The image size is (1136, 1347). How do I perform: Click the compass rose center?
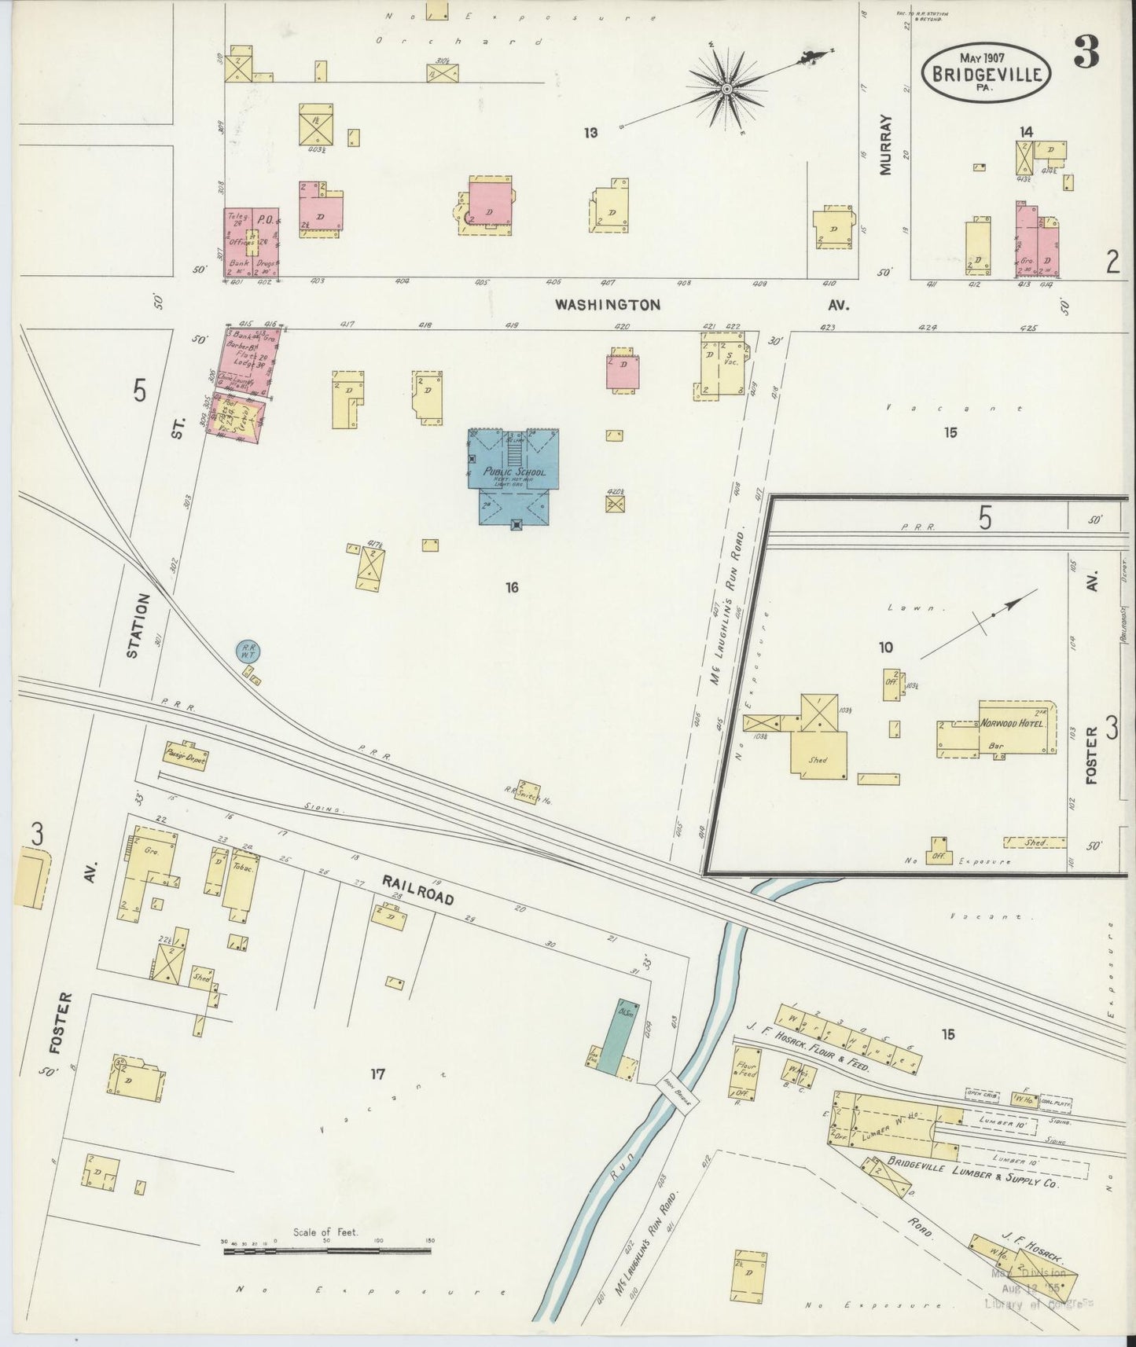(727, 90)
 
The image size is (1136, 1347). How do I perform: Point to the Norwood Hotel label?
(1013, 724)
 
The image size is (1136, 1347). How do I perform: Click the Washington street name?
(607, 304)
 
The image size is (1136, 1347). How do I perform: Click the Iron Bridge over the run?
(676, 1092)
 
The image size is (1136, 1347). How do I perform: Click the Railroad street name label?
(418, 888)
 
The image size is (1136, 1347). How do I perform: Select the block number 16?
(513, 586)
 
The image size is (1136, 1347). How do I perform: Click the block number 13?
(590, 133)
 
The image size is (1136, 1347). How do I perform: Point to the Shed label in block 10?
(819, 761)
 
